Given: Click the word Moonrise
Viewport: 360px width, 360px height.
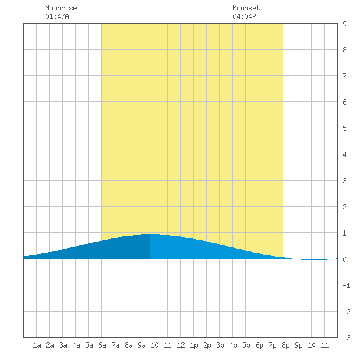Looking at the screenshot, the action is tap(61, 8).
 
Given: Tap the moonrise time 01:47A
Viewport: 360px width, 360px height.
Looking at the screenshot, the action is tap(57, 16).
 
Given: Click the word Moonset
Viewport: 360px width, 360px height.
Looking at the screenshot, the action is tap(246, 8).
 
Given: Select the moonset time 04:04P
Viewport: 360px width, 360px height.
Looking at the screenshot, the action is tap(244, 16).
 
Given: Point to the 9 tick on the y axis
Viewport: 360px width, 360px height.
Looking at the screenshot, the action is tap(344, 24).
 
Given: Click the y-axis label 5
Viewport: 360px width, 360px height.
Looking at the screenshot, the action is tap(344, 128).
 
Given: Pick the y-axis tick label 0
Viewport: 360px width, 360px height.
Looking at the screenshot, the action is tap(344, 259).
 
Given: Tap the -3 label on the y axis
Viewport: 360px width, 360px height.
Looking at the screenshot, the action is tap(346, 338).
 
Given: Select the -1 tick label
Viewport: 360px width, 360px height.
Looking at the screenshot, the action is tap(346, 285).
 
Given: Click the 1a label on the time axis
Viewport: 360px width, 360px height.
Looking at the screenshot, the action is tap(37, 345).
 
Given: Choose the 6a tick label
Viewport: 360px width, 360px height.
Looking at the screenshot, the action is tap(102, 345).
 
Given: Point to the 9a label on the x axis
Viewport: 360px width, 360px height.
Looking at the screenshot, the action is tap(141, 345).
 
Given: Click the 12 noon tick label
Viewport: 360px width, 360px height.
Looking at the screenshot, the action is tap(181, 345).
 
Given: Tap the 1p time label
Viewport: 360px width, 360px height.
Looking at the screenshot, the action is tap(194, 345).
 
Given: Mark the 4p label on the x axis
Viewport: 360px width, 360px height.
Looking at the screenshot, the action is tap(233, 345).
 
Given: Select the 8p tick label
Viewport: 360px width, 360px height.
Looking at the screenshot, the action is tap(285, 345).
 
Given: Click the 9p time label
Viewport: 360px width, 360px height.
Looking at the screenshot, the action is tap(298, 345).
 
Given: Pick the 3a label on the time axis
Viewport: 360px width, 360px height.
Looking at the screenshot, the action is tap(63, 345).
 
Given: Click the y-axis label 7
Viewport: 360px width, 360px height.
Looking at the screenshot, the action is tap(344, 76).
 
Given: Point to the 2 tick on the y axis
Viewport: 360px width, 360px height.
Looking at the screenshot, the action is tap(344, 207).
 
